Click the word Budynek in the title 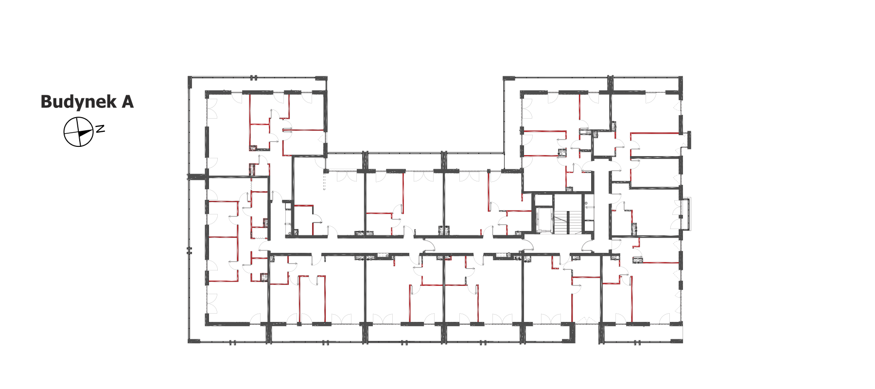pyautogui.click(x=79, y=102)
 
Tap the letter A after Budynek pyautogui.click(x=128, y=102)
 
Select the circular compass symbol pyautogui.click(x=78, y=132)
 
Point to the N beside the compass pyautogui.click(x=100, y=129)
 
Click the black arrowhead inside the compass pyautogui.click(x=85, y=132)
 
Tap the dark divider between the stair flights pyautogui.click(x=567, y=222)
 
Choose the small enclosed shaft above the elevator pyautogui.click(x=544, y=200)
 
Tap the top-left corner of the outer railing pyautogui.click(x=189, y=77)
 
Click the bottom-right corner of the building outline pyautogui.click(x=682, y=342)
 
